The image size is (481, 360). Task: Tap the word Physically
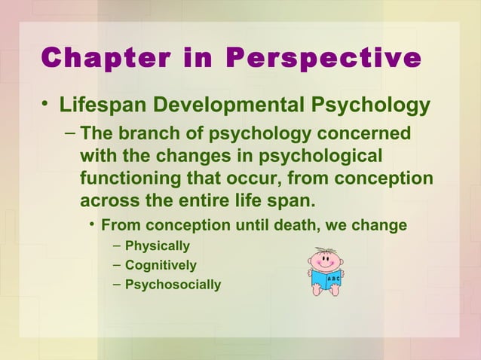tap(157, 246)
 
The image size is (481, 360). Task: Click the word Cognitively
tap(161, 265)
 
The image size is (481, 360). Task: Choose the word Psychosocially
tap(173, 285)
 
